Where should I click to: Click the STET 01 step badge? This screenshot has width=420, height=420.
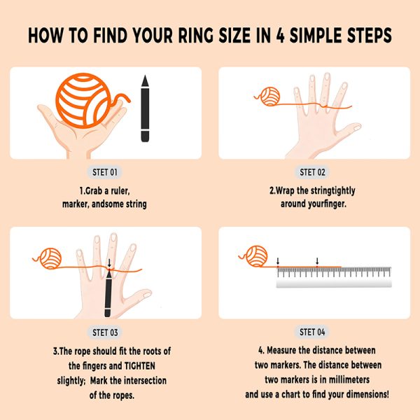[105, 172]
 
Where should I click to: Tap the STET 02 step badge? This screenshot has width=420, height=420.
[312, 172]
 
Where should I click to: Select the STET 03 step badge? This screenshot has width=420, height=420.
[105, 332]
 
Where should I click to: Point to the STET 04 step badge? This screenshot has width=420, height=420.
[312, 332]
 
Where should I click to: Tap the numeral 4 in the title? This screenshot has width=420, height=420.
[279, 36]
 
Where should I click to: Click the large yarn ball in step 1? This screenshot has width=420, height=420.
[83, 100]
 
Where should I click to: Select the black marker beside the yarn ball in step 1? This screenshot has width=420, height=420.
[145, 108]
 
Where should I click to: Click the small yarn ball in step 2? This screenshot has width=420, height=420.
[270, 97]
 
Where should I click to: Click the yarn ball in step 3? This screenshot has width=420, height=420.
[50, 258]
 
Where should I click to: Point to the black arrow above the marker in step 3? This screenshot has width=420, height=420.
[109, 263]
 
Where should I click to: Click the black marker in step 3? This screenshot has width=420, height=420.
[108, 293]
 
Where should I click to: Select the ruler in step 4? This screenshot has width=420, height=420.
[334, 277]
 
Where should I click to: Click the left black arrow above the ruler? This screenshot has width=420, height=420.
[278, 261]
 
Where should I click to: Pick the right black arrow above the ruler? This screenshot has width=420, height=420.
[317, 261]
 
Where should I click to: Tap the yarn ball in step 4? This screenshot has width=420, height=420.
[257, 256]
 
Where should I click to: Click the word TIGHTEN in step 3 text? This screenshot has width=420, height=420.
[139, 366]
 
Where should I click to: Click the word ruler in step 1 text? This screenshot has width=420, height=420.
[120, 191]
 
